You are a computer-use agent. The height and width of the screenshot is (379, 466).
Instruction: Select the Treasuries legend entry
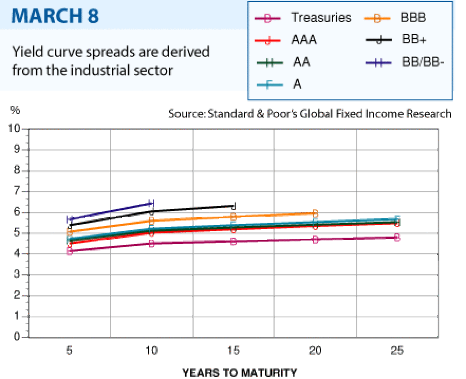[321, 18]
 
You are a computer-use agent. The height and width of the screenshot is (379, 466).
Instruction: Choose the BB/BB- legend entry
[423, 62]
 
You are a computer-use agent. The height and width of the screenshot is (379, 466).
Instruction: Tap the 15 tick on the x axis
[234, 350]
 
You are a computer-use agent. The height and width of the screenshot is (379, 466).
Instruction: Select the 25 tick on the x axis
[397, 350]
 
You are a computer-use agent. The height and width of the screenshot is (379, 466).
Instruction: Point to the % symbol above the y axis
[14, 110]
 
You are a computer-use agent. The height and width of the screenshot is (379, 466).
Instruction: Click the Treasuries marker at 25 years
[397, 237]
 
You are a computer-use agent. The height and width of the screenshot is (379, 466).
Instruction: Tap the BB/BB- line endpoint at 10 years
[151, 203]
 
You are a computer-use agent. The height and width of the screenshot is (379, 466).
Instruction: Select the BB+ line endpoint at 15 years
[234, 206]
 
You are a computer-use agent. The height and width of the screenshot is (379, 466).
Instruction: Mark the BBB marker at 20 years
[315, 213]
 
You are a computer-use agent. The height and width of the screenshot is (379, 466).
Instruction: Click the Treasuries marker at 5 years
[70, 251]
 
